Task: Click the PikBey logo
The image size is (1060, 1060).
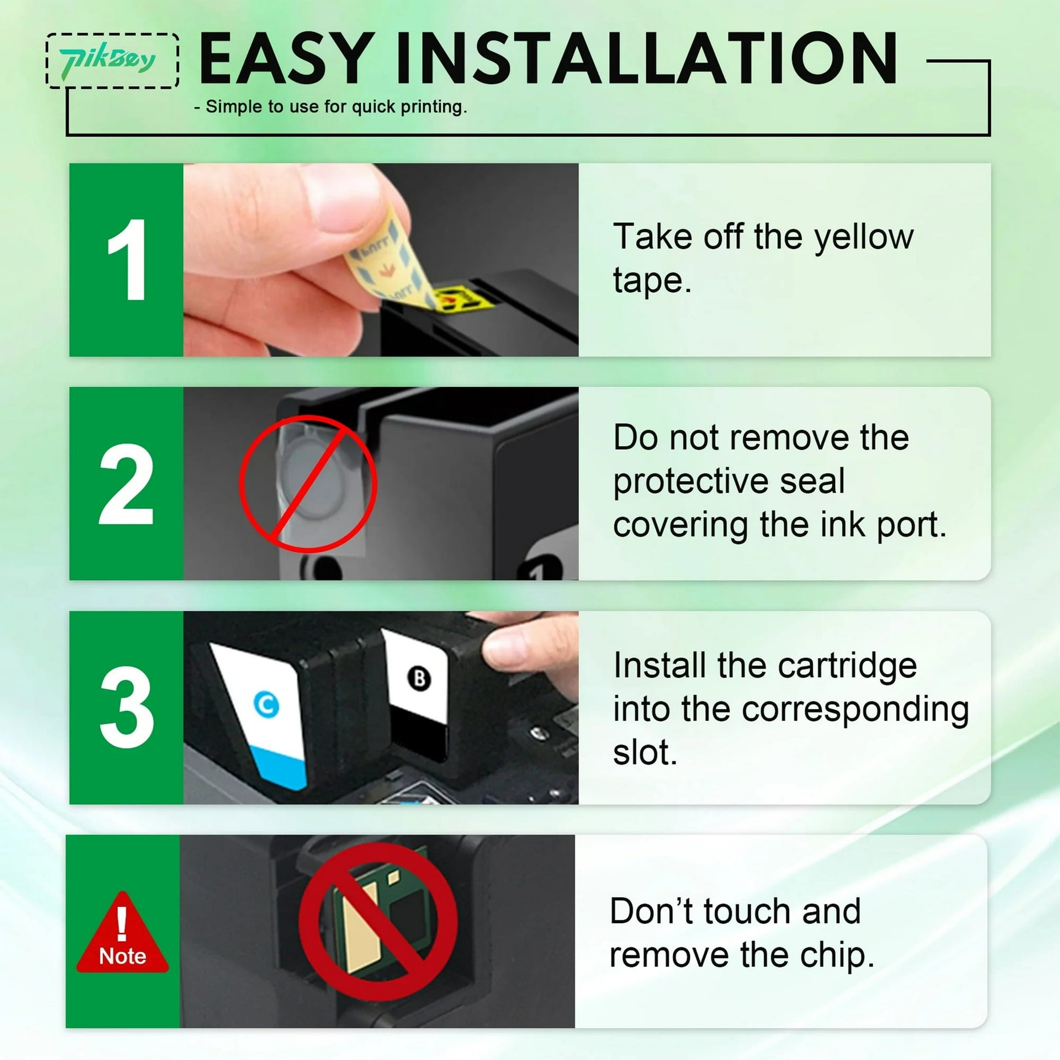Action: [108, 60]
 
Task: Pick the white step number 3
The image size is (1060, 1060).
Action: [127, 707]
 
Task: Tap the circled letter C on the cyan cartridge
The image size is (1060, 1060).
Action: [267, 705]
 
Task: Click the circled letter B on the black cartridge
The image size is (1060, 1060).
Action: [419, 679]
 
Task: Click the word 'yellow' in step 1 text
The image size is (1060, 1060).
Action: [863, 237]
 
